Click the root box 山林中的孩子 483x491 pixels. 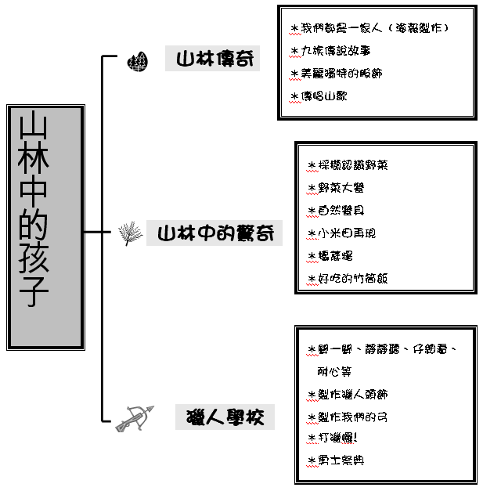[x=45, y=227]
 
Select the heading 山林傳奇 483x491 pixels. [x=212, y=60]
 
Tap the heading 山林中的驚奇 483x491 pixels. [x=214, y=233]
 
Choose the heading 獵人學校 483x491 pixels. [x=225, y=417]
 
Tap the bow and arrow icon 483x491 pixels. [x=133, y=419]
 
